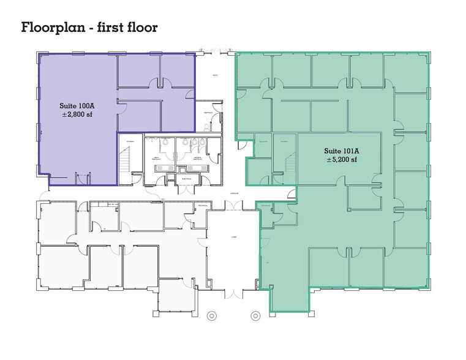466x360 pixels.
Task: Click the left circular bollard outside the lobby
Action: [x=212, y=317]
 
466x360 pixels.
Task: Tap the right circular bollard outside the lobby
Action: [x=255, y=317]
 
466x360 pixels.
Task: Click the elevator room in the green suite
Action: [x=263, y=147]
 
